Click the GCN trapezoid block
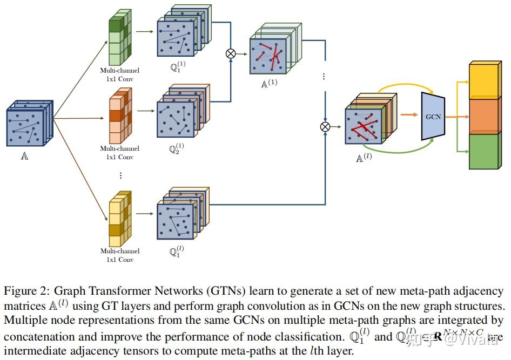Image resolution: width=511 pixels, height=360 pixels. (x=433, y=116)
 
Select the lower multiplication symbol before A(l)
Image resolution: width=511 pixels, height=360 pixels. (x=325, y=126)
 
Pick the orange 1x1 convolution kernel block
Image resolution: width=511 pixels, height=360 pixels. (x=120, y=116)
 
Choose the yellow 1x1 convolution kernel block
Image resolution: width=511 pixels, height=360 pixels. (x=120, y=219)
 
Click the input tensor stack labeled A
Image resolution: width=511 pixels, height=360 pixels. (x=29, y=124)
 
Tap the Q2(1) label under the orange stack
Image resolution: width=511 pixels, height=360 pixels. (x=176, y=148)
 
